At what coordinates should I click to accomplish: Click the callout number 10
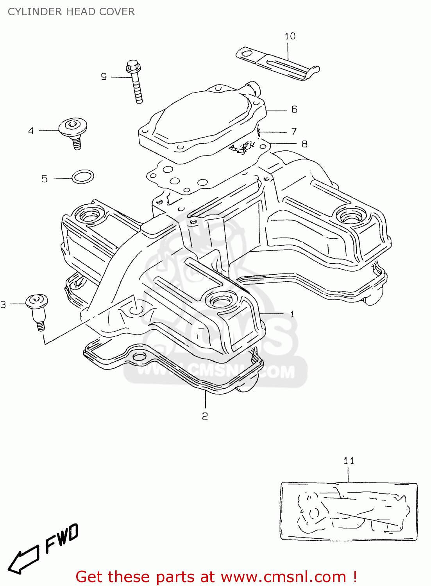(x=290, y=36)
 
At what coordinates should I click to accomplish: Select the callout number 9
(x=104, y=77)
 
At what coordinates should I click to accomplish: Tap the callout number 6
(x=294, y=110)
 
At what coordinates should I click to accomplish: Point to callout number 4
(x=31, y=130)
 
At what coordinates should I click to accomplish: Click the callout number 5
(x=45, y=179)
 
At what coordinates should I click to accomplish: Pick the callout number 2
(x=205, y=416)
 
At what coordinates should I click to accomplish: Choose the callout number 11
(x=349, y=461)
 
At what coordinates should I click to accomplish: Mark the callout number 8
(x=304, y=144)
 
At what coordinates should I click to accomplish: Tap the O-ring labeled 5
(x=83, y=177)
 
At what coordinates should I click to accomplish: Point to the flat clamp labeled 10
(x=277, y=63)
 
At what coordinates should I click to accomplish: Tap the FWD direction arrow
(x=23, y=559)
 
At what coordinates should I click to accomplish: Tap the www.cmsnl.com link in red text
(x=284, y=577)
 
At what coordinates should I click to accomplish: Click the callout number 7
(x=294, y=132)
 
